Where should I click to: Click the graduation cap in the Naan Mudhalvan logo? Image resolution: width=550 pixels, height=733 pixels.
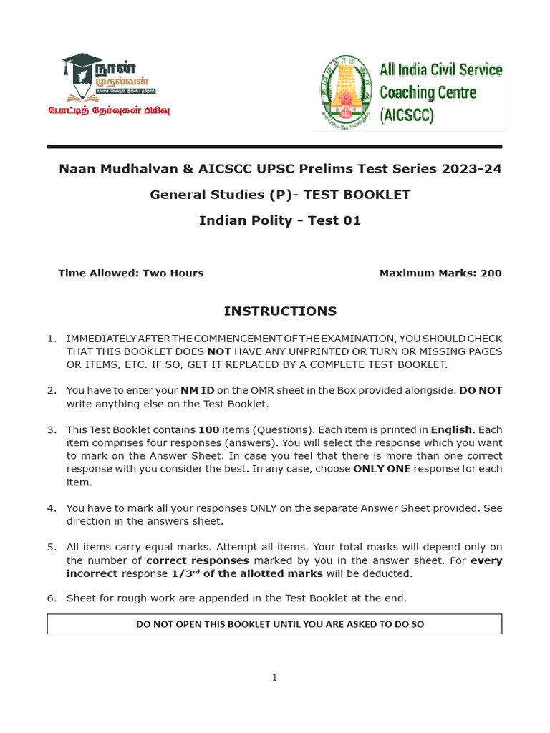pyautogui.click(x=82, y=64)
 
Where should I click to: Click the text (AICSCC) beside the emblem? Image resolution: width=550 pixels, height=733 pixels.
pyautogui.click(x=407, y=115)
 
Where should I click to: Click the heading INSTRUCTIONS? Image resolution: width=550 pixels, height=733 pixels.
pyautogui.click(x=280, y=311)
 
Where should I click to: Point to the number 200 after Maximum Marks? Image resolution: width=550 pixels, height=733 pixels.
pyautogui.click(x=491, y=273)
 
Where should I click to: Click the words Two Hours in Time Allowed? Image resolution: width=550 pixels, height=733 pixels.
pyautogui.click(x=173, y=273)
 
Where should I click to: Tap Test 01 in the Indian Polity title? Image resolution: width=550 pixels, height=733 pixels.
pyautogui.click(x=334, y=220)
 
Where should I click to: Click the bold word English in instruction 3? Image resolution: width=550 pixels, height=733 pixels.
pyautogui.click(x=451, y=430)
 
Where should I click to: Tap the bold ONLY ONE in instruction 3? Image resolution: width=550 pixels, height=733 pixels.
pyautogui.click(x=382, y=469)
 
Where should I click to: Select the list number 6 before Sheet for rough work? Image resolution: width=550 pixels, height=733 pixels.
pyautogui.click(x=52, y=598)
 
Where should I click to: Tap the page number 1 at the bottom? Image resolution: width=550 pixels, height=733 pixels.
pyautogui.click(x=274, y=678)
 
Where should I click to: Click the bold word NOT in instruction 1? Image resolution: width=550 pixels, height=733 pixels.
pyautogui.click(x=219, y=351)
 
